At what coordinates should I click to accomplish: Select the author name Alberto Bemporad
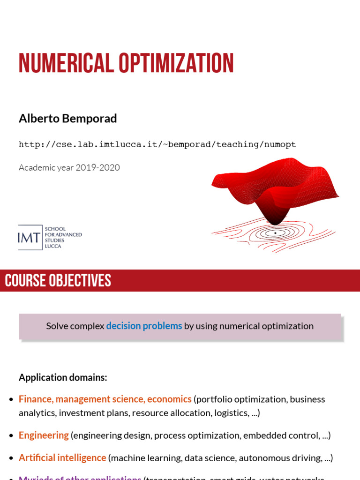coord(67,119)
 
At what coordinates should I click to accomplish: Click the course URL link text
coord(157,144)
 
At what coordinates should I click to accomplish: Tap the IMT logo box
coord(30,238)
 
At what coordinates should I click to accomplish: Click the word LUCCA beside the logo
coord(53,246)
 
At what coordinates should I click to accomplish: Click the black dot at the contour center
coord(275,233)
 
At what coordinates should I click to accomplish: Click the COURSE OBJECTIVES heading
coord(58,281)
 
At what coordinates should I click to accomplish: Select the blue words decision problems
coord(144,326)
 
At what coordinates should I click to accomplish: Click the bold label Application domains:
coord(63,377)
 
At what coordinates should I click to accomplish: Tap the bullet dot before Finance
coord(11,400)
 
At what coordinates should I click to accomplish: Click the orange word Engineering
coord(44,435)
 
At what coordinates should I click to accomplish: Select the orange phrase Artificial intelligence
coord(62,457)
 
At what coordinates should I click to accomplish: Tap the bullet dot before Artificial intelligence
coord(11,458)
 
